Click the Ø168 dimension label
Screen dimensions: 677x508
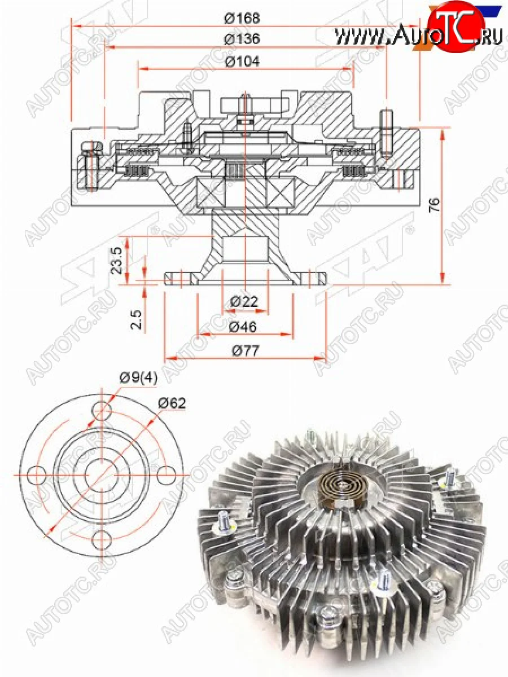pos(242,18)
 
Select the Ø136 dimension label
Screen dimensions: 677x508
pos(242,39)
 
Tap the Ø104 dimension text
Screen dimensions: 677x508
pos(242,61)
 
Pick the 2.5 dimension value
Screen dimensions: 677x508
pos(136,319)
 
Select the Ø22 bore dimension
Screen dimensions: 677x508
pos(244,301)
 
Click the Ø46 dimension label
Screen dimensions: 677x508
pos(244,326)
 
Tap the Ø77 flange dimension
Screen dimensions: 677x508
pos(244,351)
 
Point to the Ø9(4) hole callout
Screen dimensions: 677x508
pos(138,379)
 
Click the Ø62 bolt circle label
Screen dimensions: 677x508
pos(172,403)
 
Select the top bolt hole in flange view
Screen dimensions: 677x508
pos(102,410)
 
